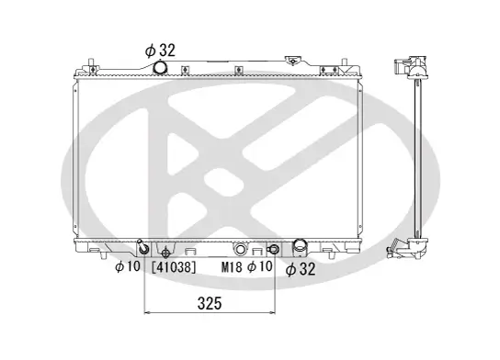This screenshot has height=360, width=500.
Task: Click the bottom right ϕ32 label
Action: point(301,269)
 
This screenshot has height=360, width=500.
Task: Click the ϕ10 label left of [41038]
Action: point(127,268)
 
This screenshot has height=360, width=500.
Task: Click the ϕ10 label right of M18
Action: point(260,268)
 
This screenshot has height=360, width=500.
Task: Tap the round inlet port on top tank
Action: point(162,69)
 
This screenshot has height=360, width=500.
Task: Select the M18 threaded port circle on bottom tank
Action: point(240,250)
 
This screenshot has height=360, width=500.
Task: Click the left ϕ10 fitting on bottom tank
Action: point(142,249)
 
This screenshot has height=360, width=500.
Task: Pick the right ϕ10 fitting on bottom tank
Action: point(272,250)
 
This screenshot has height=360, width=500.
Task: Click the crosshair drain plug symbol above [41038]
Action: point(165,253)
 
